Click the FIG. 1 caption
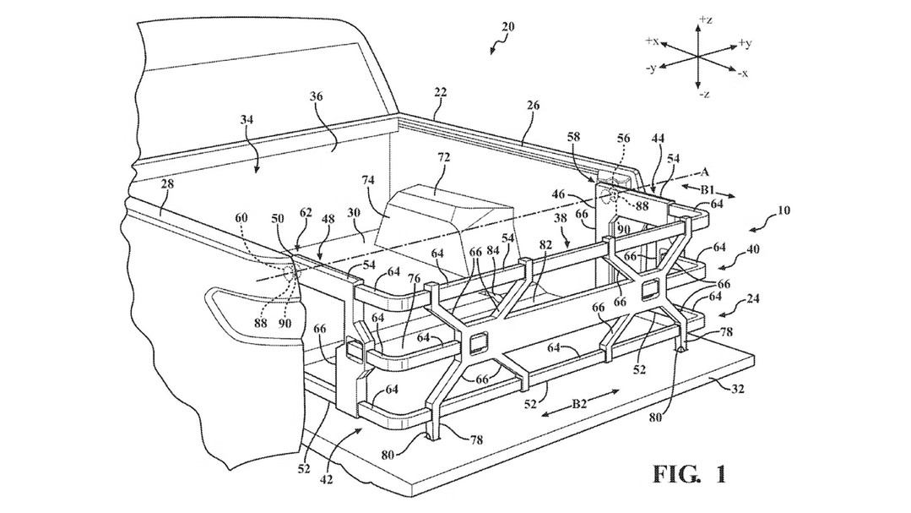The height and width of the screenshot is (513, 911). click(x=690, y=475)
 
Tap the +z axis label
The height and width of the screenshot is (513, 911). click(x=706, y=19)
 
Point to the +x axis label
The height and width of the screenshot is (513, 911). click(x=651, y=41)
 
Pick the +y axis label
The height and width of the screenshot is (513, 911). click(x=745, y=43)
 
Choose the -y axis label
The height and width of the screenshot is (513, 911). click(x=651, y=68)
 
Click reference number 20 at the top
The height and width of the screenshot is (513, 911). click(x=507, y=26)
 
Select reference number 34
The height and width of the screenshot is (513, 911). click(x=247, y=120)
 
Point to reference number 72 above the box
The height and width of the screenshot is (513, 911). click(x=444, y=158)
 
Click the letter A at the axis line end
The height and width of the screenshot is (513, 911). click(x=705, y=172)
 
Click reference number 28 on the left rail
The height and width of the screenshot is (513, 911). click(x=168, y=185)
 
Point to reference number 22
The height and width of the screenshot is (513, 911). click(x=440, y=91)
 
